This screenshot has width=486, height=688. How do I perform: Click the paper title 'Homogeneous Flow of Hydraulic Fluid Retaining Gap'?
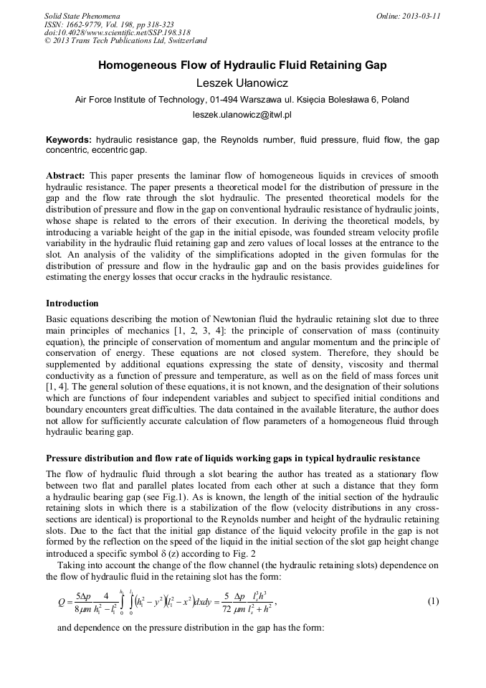[242, 65]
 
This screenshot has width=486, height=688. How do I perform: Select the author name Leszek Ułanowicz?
[242, 83]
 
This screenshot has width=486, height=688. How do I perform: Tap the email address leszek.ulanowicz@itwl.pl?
[242, 114]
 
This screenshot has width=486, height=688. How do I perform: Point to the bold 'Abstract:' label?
[66, 175]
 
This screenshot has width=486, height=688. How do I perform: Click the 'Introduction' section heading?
[72, 303]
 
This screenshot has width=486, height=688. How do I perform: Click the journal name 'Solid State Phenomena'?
[82, 15]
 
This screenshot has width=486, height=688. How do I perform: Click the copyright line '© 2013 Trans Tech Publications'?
[125, 41]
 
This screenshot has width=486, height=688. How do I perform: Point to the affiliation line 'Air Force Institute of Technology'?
[242, 100]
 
